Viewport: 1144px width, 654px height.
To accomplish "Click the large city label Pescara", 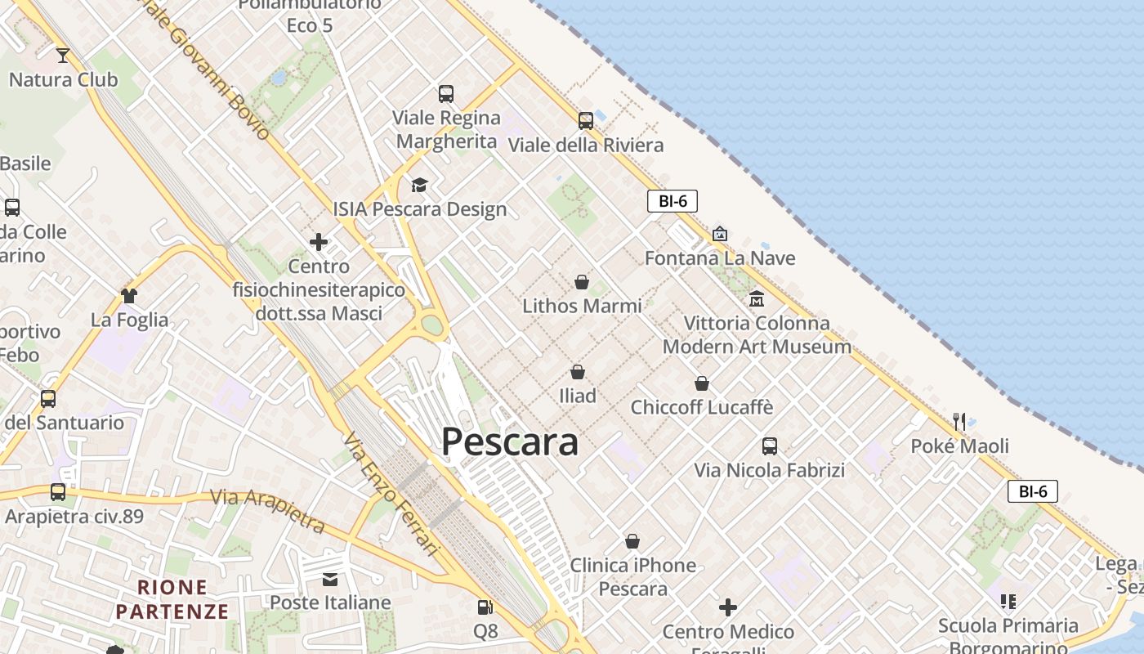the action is click(510, 441).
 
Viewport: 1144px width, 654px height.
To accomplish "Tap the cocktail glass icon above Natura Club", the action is click(63, 56).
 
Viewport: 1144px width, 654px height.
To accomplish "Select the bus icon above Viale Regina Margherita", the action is click(445, 94).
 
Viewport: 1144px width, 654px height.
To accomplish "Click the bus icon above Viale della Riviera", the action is click(585, 121).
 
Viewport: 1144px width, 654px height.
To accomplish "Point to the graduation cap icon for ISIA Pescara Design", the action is click(419, 186).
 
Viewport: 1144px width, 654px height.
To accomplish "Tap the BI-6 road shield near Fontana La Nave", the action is click(672, 201).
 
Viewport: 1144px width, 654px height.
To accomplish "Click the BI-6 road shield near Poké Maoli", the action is click(1033, 491).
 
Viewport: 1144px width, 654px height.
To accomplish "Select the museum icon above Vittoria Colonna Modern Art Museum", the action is click(756, 298).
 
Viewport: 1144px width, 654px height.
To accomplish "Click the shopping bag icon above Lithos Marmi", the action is click(581, 282).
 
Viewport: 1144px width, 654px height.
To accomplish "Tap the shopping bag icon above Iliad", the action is click(578, 372).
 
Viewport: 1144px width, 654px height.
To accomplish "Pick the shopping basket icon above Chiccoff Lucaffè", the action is click(701, 383).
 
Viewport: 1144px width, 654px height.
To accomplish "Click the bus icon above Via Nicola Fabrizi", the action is click(769, 446).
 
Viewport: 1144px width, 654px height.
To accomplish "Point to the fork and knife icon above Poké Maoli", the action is click(959, 422).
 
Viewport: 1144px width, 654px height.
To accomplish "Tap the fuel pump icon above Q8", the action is click(485, 607).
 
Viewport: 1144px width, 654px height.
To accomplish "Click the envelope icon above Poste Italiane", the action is click(330, 580).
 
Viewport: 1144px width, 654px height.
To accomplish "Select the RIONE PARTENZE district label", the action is click(172, 598).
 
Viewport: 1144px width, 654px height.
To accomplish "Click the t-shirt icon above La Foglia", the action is click(129, 295).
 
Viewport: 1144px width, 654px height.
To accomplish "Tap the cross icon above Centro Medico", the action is click(727, 607).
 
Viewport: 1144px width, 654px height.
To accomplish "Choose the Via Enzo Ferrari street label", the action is click(393, 495).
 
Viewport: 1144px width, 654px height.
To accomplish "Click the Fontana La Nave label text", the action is click(719, 258).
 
